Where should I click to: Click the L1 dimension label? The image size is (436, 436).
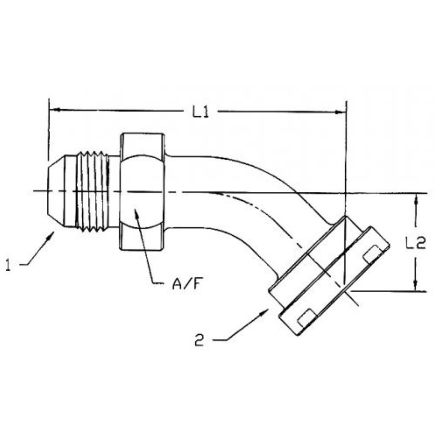pyautogui.click(x=200, y=112)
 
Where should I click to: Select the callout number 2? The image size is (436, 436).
pyautogui.click(x=199, y=340)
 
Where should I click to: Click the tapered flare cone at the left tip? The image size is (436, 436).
pyautogui.click(x=59, y=192)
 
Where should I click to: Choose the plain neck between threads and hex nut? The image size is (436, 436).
pyautogui.click(x=115, y=192)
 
